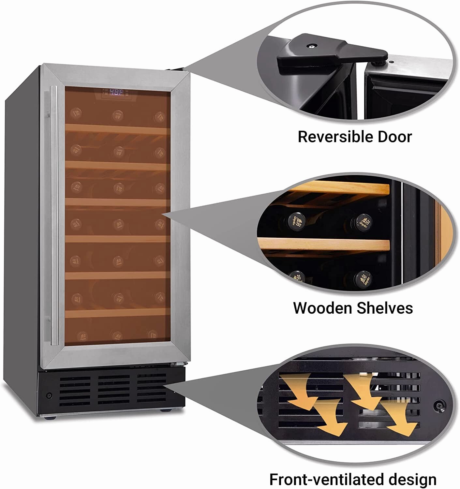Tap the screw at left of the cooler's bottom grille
pos(49,395)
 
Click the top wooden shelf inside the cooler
pos(117,129)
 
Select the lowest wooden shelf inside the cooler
pos(117,313)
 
